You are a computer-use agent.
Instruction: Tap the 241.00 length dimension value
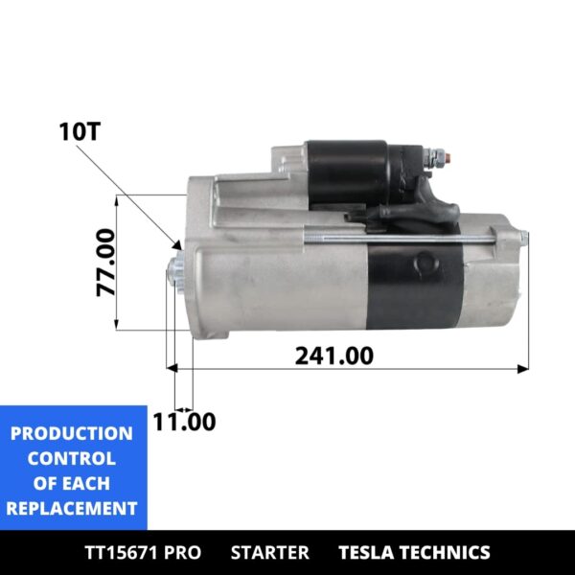(333, 356)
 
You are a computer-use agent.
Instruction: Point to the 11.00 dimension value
(184, 422)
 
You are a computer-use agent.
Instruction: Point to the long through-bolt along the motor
(402, 238)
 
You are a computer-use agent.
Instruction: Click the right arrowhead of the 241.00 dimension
(523, 367)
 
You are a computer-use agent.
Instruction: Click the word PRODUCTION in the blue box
(72, 434)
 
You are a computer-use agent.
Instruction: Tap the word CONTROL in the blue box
(72, 459)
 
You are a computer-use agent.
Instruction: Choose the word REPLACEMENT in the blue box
(72, 509)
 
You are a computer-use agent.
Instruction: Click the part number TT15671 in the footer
(126, 552)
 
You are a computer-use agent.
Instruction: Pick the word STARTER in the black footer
(270, 552)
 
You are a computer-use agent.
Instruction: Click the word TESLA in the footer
(368, 552)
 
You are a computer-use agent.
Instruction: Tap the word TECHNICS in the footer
(447, 552)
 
